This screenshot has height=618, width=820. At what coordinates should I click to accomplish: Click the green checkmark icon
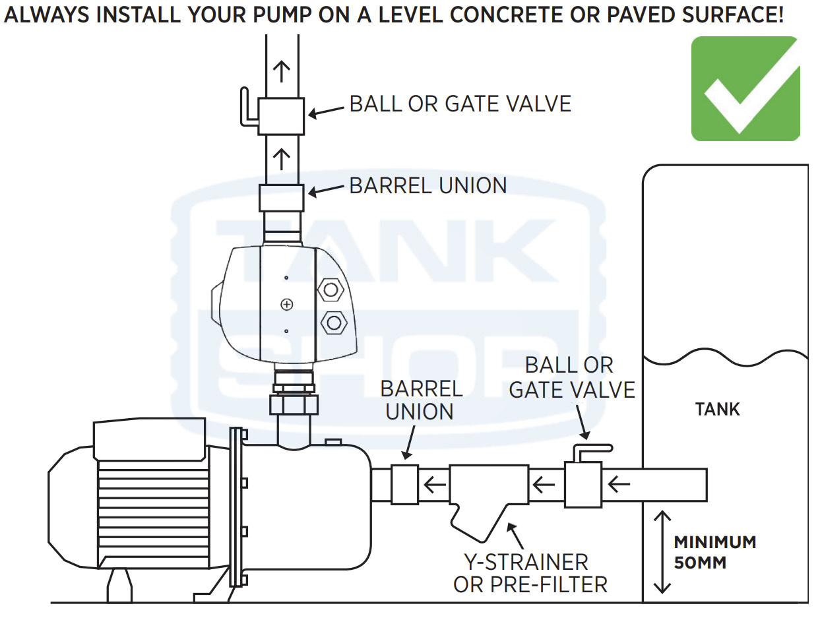[745, 88]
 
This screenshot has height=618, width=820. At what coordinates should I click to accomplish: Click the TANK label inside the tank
[717, 410]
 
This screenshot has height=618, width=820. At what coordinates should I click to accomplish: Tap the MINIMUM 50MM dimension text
[714, 553]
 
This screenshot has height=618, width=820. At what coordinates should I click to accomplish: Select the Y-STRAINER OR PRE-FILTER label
[530, 573]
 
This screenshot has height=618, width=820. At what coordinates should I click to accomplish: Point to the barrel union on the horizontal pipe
[404, 485]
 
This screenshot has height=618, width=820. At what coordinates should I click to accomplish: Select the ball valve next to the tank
[583, 484]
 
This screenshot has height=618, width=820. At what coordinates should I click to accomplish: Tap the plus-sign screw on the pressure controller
[286, 304]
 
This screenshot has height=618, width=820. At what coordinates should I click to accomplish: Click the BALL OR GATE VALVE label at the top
[460, 104]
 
